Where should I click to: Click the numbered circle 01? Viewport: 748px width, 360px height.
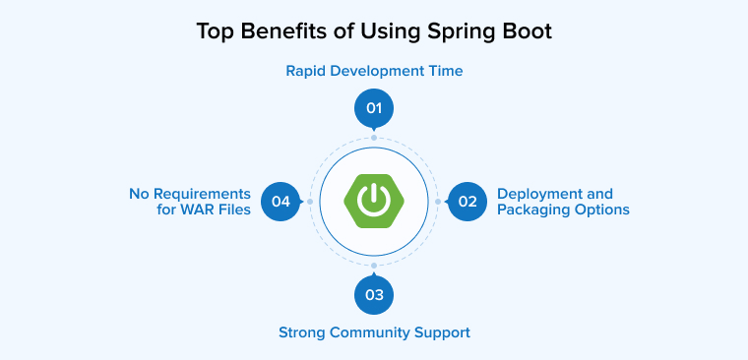coord(374,108)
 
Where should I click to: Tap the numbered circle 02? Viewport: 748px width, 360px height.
coord(467,202)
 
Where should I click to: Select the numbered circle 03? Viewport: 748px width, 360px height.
coord(374,294)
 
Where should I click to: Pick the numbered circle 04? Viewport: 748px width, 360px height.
coord(281,202)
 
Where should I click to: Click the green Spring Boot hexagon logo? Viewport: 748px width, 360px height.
coord(374,201)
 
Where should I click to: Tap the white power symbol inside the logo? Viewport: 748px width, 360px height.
coord(374,201)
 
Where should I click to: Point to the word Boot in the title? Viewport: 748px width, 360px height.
coord(528,30)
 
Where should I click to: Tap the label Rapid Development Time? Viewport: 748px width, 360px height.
coord(374,71)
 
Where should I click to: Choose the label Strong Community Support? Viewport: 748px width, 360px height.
coord(374,332)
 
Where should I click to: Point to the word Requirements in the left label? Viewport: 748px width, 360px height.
coord(203,194)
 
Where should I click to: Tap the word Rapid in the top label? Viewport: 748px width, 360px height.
coord(305,71)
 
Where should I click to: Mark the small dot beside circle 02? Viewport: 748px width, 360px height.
coord(438,202)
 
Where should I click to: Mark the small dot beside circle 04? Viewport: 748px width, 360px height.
coord(310,202)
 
